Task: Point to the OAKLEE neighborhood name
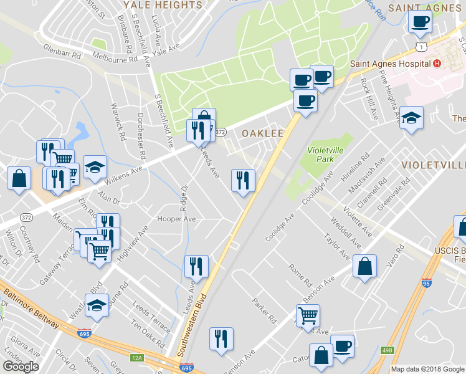pyautogui.click(x=263, y=133)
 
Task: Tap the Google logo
pyautogui.click(x=21, y=367)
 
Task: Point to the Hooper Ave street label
pyautogui.click(x=177, y=219)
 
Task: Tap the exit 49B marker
pyautogui.click(x=387, y=351)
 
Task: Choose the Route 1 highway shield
pyautogui.click(x=422, y=47)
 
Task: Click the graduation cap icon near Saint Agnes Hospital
pyautogui.click(x=411, y=117)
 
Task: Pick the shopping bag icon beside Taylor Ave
pyautogui.click(x=364, y=266)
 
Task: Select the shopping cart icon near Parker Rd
pyautogui.click(x=308, y=315)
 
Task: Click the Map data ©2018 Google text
pyautogui.click(x=427, y=369)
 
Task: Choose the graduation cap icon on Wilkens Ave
pyautogui.click(x=95, y=166)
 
